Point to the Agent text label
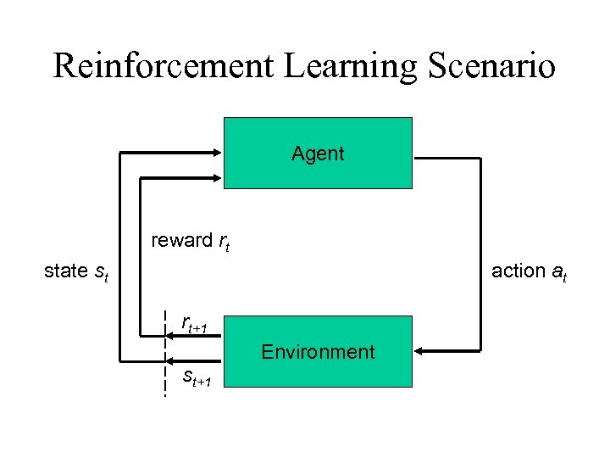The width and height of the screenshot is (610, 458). (318, 154)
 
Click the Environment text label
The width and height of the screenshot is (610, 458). (318, 352)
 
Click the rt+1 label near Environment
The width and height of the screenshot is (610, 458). (201, 325)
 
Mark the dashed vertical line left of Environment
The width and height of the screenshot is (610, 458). (165, 351)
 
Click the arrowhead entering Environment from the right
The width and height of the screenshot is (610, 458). (421, 351)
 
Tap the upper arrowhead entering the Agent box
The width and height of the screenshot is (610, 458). (215, 153)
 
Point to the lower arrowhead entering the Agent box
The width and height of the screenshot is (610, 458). (215, 178)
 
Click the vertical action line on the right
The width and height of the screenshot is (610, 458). (480, 254)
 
